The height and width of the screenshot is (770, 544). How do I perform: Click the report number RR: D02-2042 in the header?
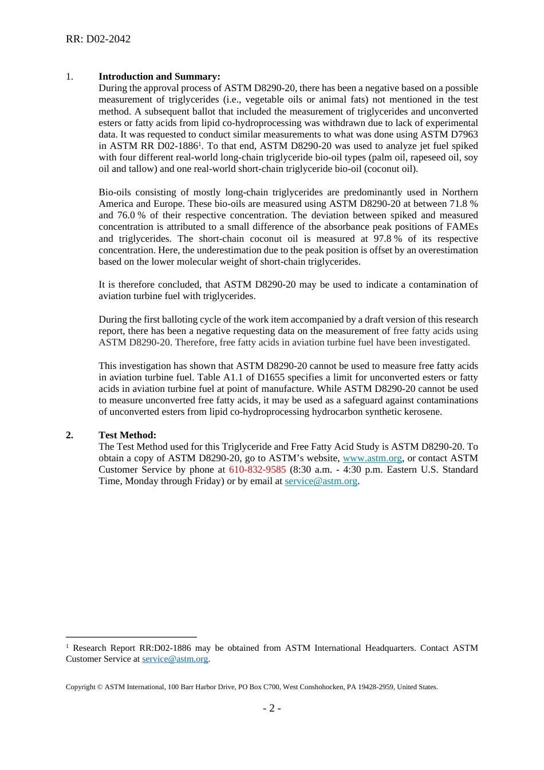click(x=98, y=39)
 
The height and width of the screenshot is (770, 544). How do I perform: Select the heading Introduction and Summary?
click(x=159, y=76)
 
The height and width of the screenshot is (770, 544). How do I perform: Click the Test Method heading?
click(x=127, y=435)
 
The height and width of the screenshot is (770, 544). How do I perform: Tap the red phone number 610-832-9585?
click(x=257, y=469)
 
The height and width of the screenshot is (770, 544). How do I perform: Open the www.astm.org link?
click(x=372, y=458)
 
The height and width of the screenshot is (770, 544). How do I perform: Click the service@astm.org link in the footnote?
click(x=175, y=659)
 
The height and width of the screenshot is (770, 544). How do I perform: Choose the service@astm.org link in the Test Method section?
click(x=321, y=481)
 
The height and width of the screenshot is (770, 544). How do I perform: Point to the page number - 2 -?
click(x=271, y=708)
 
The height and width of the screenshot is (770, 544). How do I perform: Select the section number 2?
click(x=69, y=435)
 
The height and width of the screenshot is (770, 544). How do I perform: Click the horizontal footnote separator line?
click(x=131, y=637)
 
